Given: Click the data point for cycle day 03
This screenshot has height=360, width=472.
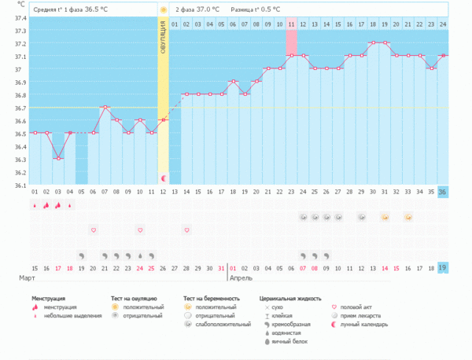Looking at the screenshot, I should coord(58,158).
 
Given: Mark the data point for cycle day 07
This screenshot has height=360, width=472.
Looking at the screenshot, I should coord(105,107).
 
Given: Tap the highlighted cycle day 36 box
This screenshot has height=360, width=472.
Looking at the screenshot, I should coord(442,192).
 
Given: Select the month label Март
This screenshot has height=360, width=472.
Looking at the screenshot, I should coord(27,278).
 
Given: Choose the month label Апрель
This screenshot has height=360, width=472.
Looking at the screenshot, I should coord(242,278).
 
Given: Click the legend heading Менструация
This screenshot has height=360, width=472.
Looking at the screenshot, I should coord(53,299).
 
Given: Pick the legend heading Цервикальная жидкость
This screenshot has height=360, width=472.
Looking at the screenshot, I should coord(291,299).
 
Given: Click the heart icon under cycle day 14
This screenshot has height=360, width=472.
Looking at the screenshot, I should coord(186,230).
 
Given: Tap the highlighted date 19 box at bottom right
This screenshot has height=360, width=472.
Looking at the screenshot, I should coord(442,267).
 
